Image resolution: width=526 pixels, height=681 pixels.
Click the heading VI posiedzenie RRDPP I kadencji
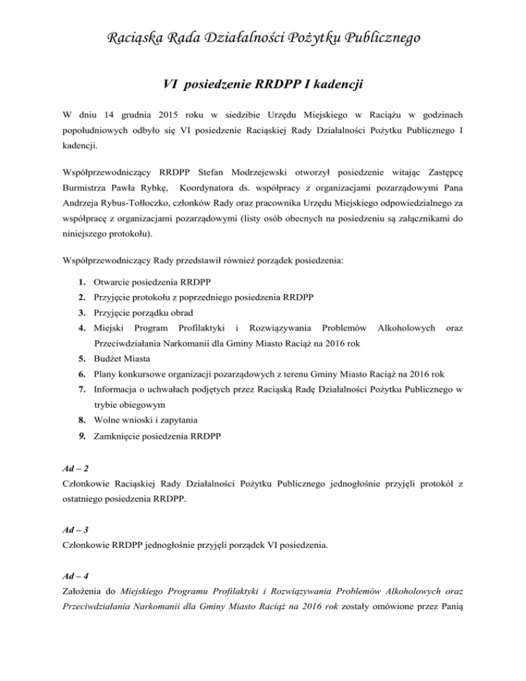tap(263, 85)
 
